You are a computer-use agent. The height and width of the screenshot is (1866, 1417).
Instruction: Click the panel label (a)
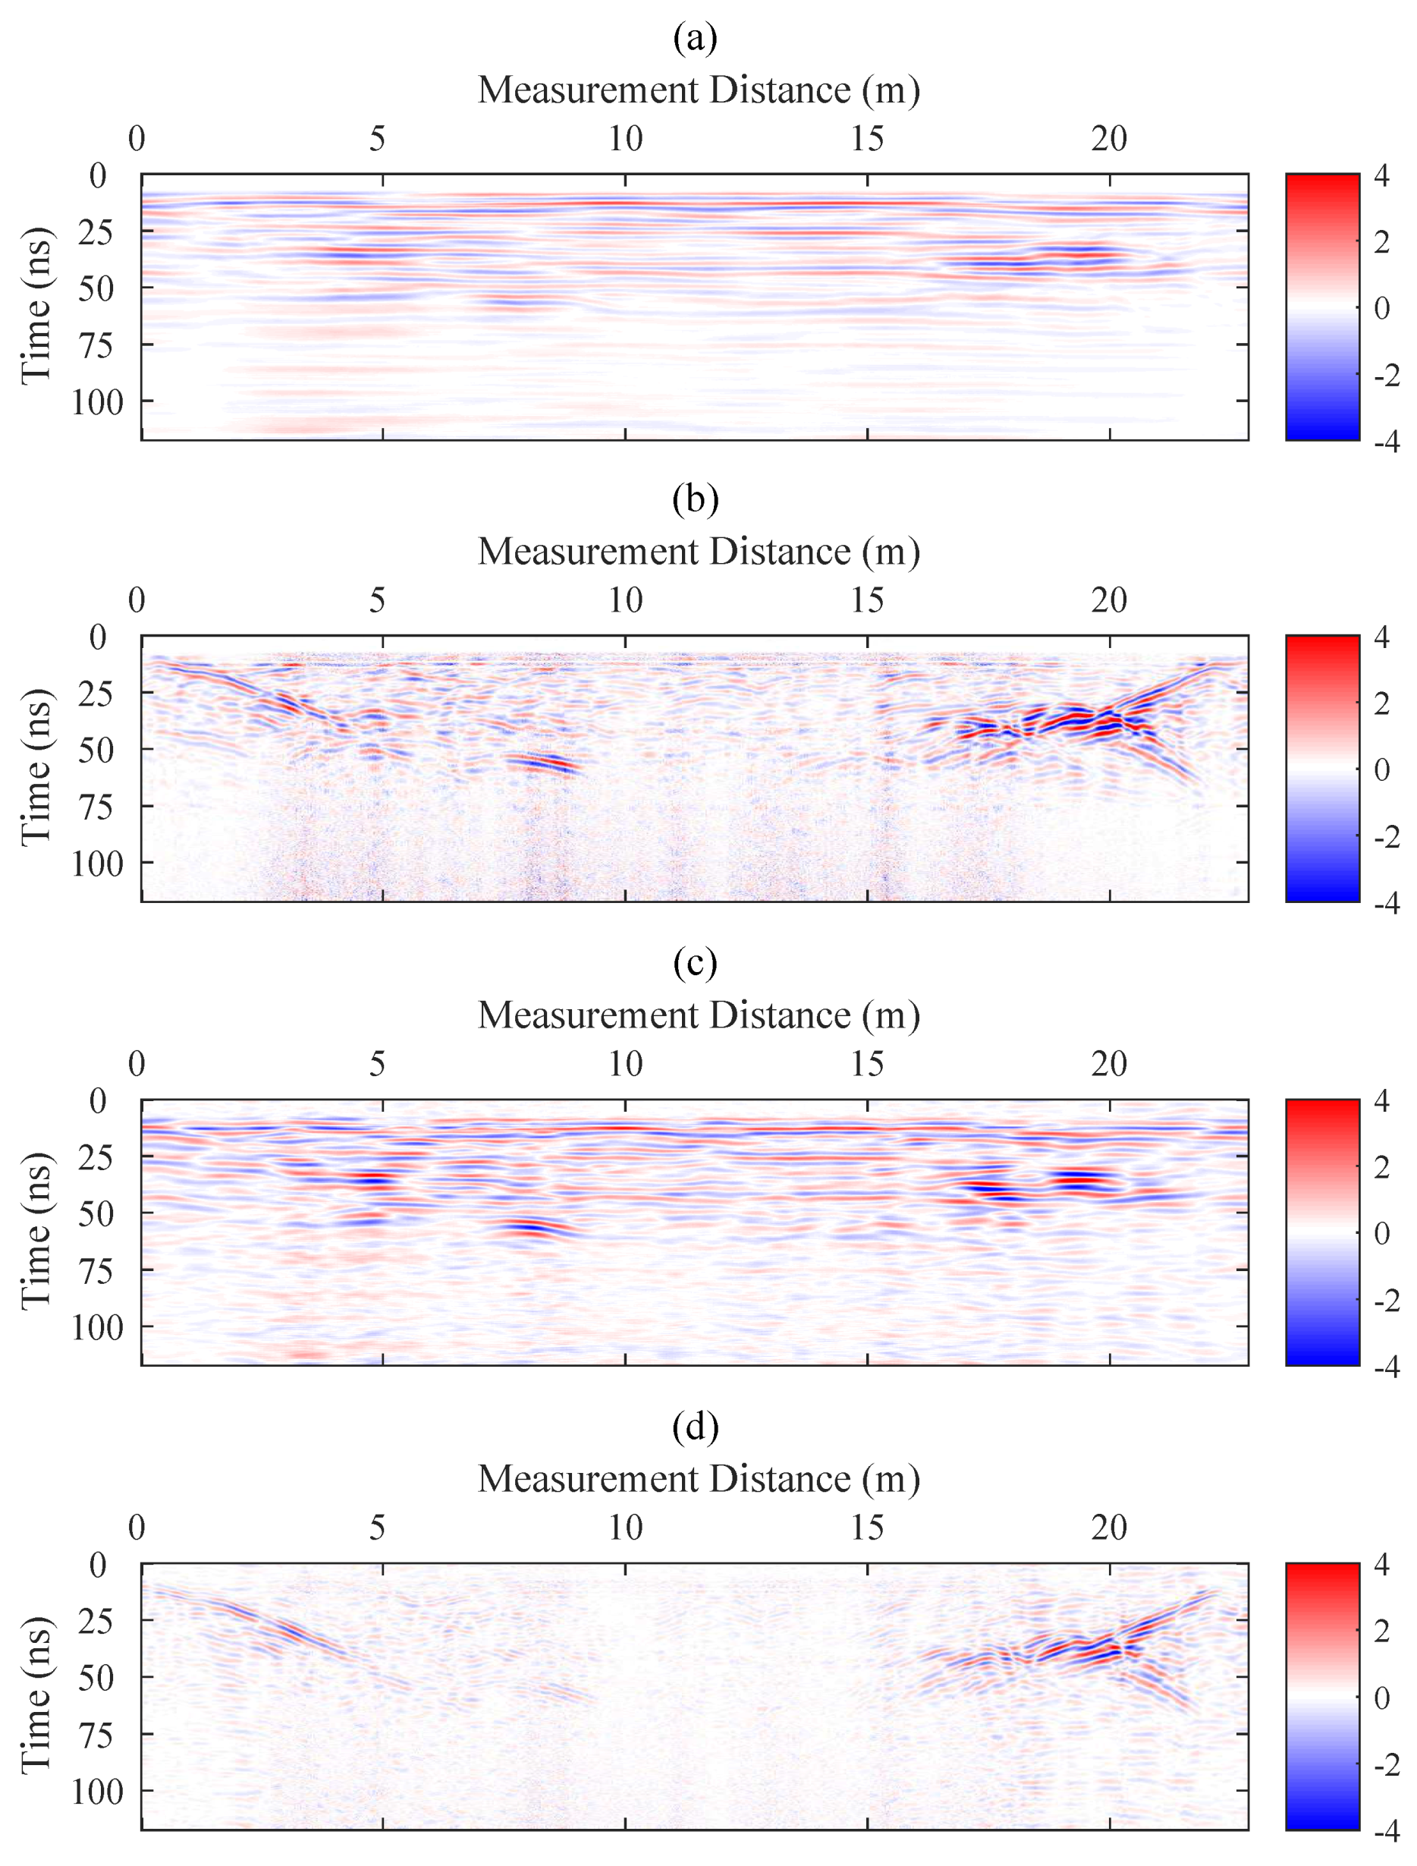pos(695,38)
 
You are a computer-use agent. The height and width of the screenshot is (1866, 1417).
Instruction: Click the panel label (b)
pos(695,499)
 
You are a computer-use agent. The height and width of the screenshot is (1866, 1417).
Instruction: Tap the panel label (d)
pos(695,1427)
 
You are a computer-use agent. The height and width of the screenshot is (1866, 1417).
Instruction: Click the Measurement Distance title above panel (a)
pos(699,90)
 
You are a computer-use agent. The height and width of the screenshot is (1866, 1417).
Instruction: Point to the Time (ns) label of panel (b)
pos(36,767)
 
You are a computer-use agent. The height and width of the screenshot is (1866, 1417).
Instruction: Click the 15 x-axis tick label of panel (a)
pos(867,138)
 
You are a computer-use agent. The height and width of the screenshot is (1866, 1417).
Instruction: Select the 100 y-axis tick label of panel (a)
pos(98,402)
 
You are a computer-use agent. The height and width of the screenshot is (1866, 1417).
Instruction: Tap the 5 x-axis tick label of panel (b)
pos(377,601)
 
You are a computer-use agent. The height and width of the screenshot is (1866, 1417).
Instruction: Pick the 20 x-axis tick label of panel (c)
pos(1108,1065)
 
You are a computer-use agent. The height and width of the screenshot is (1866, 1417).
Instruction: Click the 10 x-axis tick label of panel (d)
pos(625,1528)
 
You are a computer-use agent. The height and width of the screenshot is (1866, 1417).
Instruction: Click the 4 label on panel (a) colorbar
pos(1381,176)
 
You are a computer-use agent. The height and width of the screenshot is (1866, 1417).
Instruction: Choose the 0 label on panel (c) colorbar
pos(1381,1233)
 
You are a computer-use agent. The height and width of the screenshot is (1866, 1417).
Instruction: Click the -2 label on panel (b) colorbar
pos(1386,836)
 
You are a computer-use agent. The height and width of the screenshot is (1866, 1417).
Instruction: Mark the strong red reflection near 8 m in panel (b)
pos(540,763)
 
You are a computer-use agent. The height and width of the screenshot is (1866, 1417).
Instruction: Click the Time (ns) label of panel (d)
pos(36,1695)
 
